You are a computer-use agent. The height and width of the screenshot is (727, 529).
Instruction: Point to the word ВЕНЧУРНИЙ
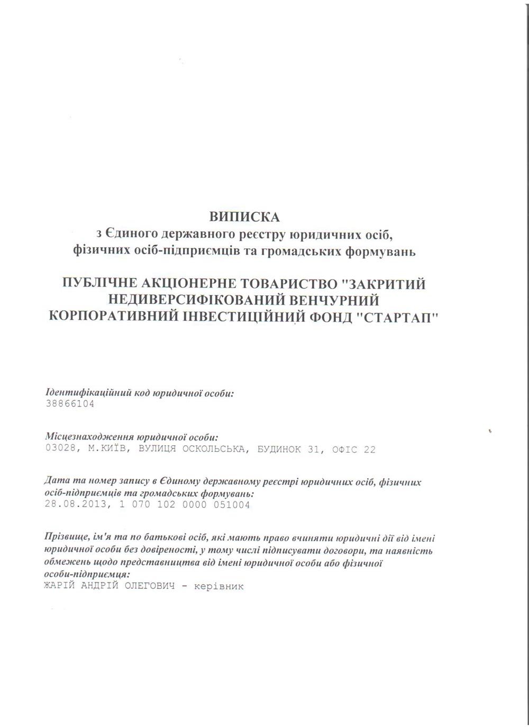336,301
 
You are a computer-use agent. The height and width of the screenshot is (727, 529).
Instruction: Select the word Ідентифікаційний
77,393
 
